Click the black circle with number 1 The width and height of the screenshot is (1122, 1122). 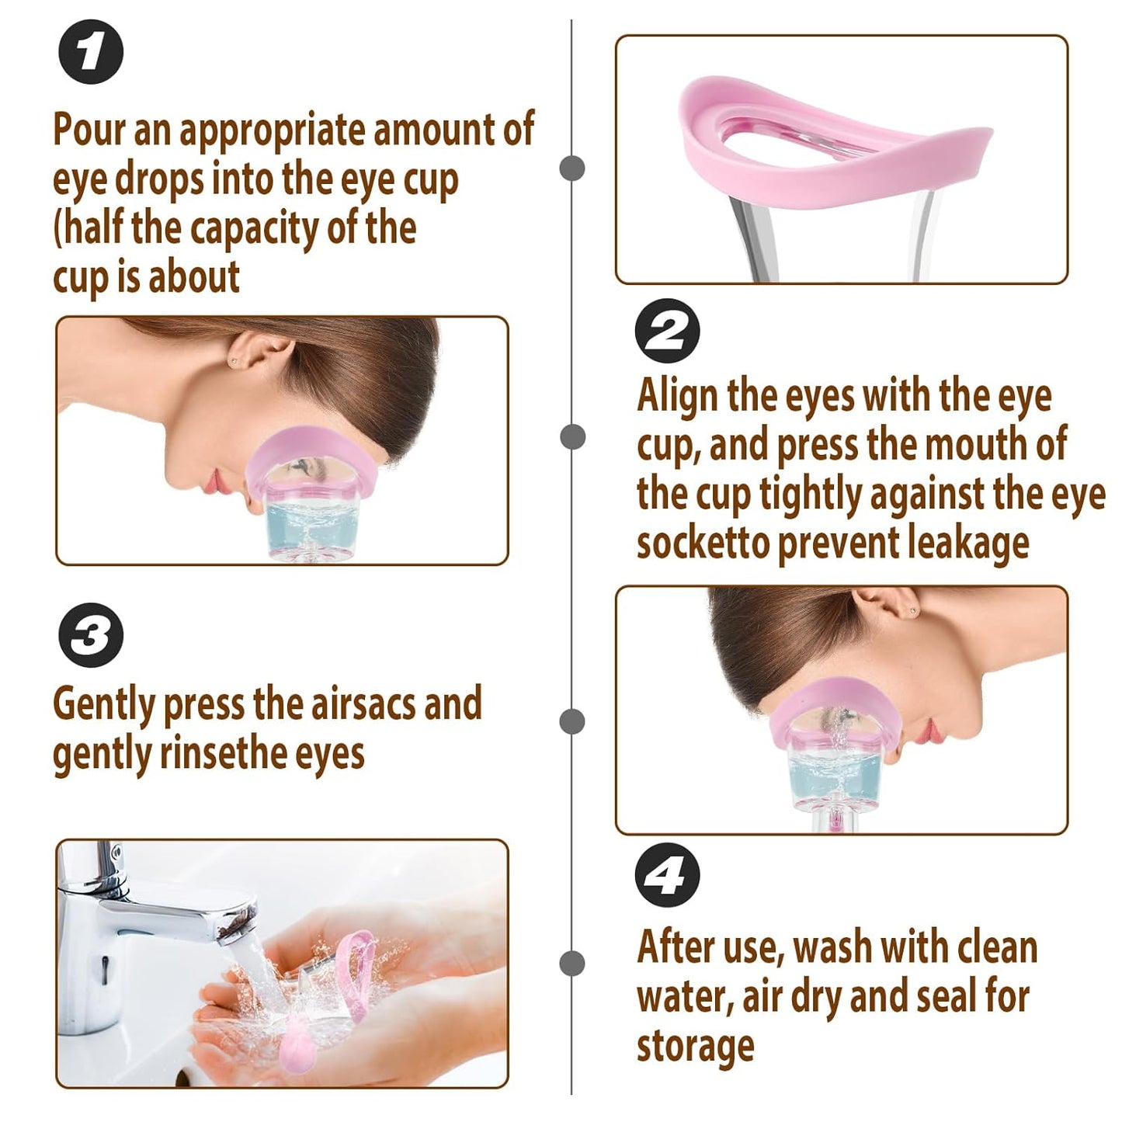point(91,52)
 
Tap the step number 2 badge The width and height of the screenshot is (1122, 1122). point(667,331)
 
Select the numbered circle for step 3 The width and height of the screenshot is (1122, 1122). point(91,635)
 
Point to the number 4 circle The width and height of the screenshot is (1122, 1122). point(667,875)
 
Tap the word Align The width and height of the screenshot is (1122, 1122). point(677,395)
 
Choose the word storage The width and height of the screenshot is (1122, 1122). point(695,1046)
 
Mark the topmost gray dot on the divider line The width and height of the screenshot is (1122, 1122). point(572,168)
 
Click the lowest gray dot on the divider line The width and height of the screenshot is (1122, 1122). point(572,963)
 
